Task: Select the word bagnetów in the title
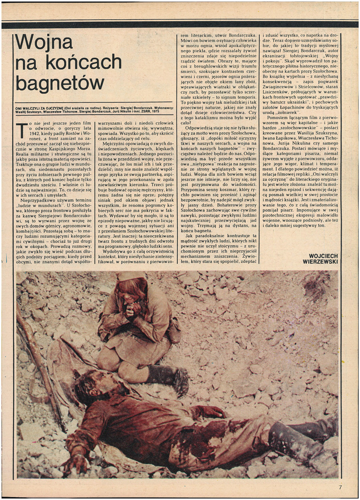60,82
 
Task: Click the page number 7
340,487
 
